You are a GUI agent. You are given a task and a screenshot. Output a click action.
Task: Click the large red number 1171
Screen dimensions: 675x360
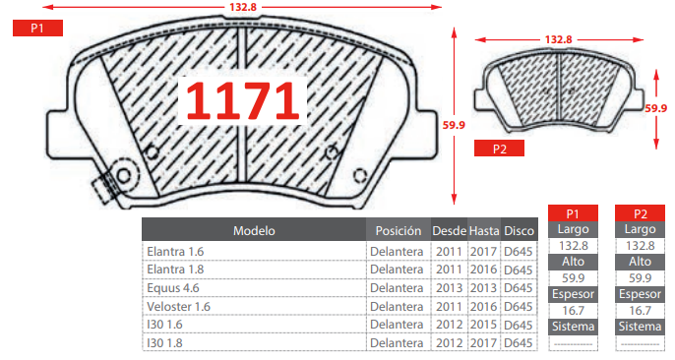coord(243,100)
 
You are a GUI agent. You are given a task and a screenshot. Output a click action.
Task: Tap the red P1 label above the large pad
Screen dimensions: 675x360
coord(37,28)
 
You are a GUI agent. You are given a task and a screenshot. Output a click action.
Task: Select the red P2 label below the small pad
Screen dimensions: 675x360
coord(500,149)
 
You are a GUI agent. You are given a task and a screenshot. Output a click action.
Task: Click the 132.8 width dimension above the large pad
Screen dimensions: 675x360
coord(243,7)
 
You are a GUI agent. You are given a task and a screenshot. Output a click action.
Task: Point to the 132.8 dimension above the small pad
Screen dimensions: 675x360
coord(558,39)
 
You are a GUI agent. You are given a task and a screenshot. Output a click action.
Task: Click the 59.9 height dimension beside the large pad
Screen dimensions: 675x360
coord(454,125)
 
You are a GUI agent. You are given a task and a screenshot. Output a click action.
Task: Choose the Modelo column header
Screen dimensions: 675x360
coord(254,231)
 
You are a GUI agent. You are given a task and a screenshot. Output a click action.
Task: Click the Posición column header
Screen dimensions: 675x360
coord(399,231)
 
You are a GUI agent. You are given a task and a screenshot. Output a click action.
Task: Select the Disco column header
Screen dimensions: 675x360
coord(520,231)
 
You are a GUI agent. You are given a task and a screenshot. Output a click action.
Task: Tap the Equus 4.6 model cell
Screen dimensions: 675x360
coord(173,288)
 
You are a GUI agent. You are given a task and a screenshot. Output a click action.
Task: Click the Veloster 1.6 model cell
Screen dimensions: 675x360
coord(179,307)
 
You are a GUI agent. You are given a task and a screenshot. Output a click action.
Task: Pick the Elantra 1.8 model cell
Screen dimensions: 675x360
coord(175,270)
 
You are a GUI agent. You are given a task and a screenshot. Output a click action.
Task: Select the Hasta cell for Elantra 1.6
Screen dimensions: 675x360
coord(483,252)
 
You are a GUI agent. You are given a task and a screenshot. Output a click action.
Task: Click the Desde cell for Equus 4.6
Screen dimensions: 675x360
coord(449,288)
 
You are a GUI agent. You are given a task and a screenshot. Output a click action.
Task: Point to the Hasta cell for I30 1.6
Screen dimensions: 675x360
coord(483,325)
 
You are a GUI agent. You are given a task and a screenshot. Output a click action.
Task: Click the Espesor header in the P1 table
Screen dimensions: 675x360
coord(573,294)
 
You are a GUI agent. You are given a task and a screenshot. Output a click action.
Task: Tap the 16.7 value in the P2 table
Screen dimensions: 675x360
coord(640,310)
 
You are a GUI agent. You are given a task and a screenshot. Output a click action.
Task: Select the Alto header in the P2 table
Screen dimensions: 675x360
coord(640,262)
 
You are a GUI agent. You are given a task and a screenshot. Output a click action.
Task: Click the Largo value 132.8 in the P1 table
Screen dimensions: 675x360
coord(573,246)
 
